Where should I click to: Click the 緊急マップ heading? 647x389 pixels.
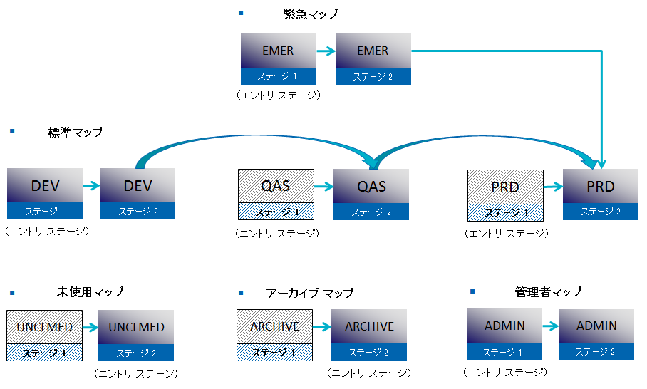click(310, 14)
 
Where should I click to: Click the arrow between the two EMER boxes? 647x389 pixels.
click(326, 51)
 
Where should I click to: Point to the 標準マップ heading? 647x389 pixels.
click(76, 132)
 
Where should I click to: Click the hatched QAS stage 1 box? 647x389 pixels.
click(275, 194)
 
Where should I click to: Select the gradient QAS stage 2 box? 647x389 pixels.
click(371, 194)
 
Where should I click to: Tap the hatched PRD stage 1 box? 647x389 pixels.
click(504, 194)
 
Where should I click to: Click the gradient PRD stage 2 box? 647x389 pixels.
click(600, 194)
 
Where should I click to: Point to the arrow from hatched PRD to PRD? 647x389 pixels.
click(553, 187)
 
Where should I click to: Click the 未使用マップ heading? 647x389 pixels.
click(90, 292)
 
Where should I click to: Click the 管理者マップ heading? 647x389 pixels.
click(548, 291)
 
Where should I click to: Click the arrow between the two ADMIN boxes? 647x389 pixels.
click(550, 326)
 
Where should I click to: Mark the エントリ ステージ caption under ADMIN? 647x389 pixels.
click(505, 372)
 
